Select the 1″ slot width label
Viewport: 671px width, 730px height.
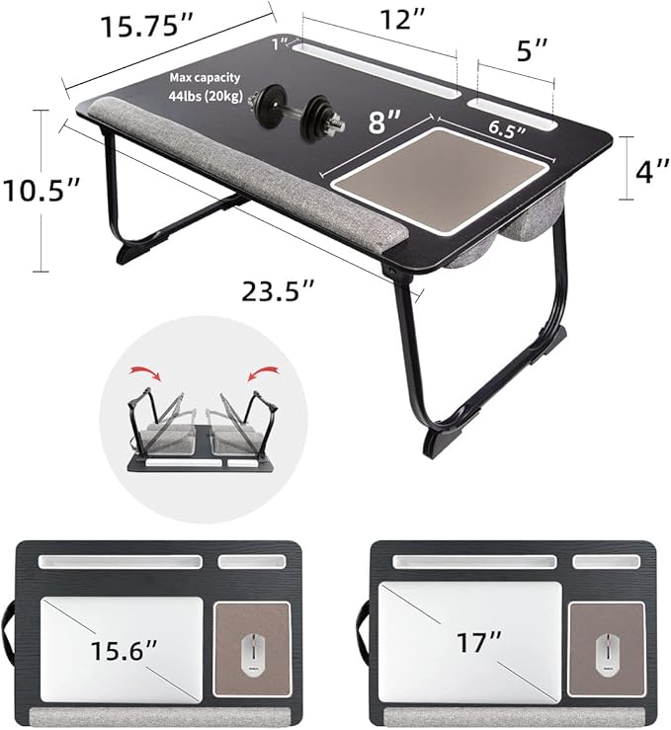(283, 42)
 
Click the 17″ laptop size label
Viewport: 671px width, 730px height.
(474, 642)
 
